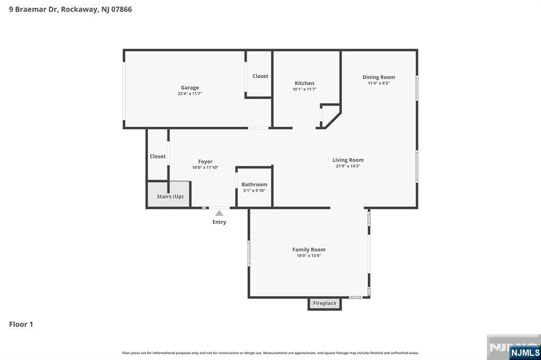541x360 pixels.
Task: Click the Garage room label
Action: (190, 88)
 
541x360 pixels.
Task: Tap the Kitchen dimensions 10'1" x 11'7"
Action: (304, 89)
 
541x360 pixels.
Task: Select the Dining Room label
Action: (378, 77)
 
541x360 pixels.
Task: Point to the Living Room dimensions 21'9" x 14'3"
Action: (348, 166)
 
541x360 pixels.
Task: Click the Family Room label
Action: (309, 250)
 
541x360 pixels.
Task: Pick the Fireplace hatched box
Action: (324, 304)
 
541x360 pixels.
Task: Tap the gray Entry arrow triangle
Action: (219, 213)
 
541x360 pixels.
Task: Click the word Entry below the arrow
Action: (219, 222)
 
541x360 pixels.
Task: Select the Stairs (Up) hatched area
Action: (169, 194)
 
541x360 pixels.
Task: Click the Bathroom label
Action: (254, 184)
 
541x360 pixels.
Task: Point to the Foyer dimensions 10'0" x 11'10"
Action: (206, 167)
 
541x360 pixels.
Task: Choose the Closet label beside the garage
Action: (260, 76)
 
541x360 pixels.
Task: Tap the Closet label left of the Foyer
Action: (157, 156)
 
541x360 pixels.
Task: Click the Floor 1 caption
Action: (21, 324)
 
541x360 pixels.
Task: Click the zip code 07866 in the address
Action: (122, 10)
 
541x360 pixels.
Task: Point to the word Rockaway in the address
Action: (79, 10)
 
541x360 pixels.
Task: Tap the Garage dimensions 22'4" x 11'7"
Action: (190, 93)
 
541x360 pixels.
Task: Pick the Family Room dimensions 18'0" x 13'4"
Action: (309, 255)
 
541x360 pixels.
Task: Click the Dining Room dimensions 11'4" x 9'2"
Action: (378, 83)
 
